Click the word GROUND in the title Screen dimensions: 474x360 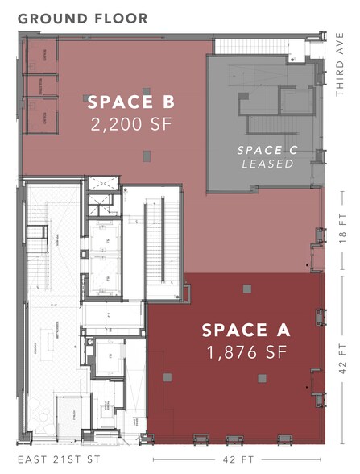click(53, 18)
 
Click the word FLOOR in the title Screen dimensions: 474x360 click(121, 18)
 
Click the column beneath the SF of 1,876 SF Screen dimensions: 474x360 click(262, 377)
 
